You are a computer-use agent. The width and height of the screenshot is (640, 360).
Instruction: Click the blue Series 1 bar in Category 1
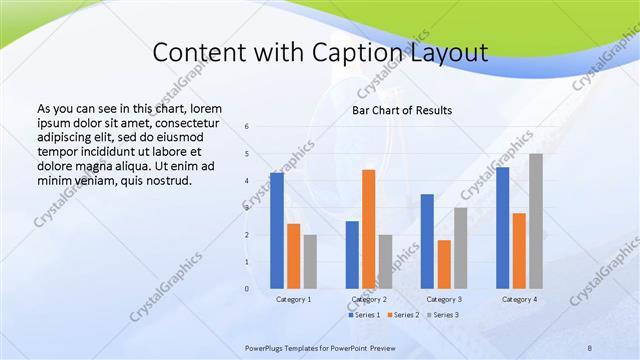[277, 230]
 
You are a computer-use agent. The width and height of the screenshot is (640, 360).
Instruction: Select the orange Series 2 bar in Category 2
[368, 228]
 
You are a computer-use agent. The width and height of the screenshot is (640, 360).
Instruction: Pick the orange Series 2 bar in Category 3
[443, 264]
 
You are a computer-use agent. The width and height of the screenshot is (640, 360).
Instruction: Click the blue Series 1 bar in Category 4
[502, 227]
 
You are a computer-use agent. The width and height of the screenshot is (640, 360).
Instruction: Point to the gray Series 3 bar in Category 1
[310, 261]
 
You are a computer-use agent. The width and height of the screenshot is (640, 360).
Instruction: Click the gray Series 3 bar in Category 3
[460, 247]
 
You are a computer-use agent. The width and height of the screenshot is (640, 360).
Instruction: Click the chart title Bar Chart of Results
[402, 110]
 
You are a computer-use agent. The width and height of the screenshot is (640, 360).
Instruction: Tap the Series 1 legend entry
[364, 315]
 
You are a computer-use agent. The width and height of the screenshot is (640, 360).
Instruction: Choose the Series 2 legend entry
[402, 315]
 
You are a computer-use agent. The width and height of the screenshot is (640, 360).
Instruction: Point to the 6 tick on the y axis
[247, 127]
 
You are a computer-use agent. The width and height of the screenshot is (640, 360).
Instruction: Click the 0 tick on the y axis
[247, 289]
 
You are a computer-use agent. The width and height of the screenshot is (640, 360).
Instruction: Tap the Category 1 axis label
[293, 299]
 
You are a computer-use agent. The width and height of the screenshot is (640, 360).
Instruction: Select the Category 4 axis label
[518, 299]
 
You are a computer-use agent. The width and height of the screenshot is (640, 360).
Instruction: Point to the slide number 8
[588, 346]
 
